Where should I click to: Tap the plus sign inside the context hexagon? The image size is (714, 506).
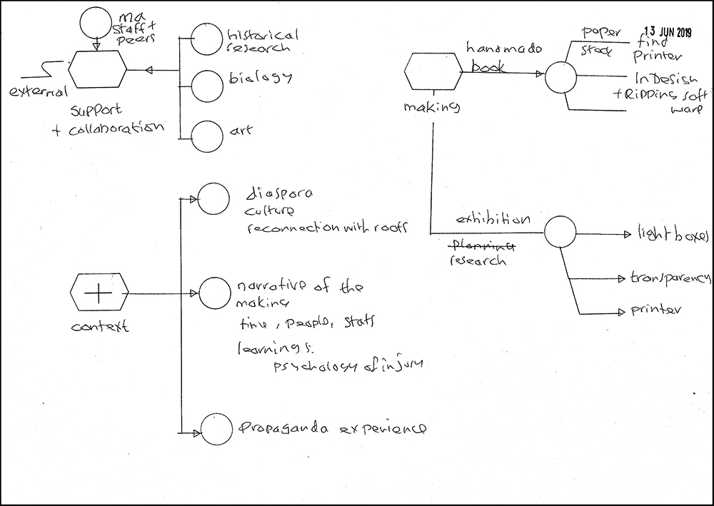pyautogui.click(x=100, y=293)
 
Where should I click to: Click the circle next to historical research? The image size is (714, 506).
pyautogui.click(x=207, y=39)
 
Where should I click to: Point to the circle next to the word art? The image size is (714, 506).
pyautogui.click(x=207, y=134)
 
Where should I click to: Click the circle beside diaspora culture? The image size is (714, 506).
pyautogui.click(x=213, y=198)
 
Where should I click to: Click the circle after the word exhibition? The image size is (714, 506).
pyautogui.click(x=560, y=232)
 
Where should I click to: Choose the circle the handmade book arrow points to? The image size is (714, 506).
pyautogui.click(x=560, y=75)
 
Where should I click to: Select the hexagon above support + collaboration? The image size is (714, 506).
pyautogui.click(x=98, y=70)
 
